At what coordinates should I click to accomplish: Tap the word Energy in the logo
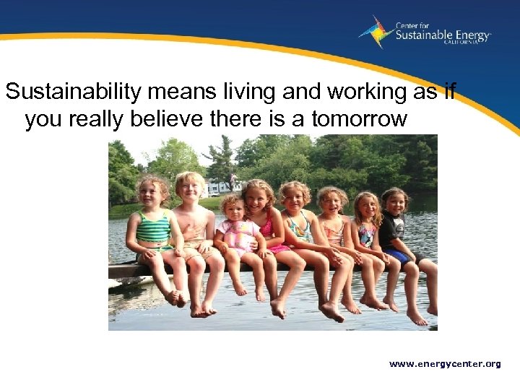(x=469, y=35)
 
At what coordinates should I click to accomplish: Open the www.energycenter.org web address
(x=444, y=364)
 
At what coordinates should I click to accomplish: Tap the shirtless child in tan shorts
(x=191, y=231)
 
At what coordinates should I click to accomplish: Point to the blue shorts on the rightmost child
(x=399, y=254)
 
